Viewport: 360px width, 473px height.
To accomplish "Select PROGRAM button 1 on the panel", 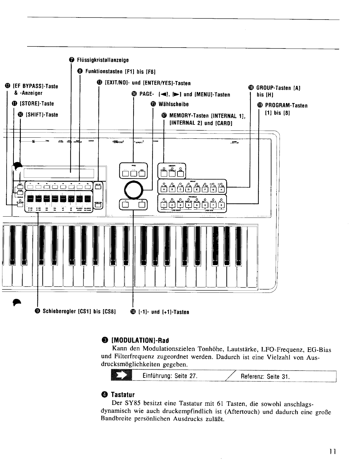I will [x=163, y=205].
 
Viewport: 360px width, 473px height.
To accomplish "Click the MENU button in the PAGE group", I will [x=142, y=173].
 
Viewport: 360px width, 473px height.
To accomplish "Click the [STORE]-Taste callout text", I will [x=36, y=104].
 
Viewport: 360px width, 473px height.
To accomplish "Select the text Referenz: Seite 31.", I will [x=265, y=377].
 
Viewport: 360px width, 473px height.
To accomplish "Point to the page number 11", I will [x=332, y=452].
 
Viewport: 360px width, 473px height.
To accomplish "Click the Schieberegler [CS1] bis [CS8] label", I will [x=79, y=312].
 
